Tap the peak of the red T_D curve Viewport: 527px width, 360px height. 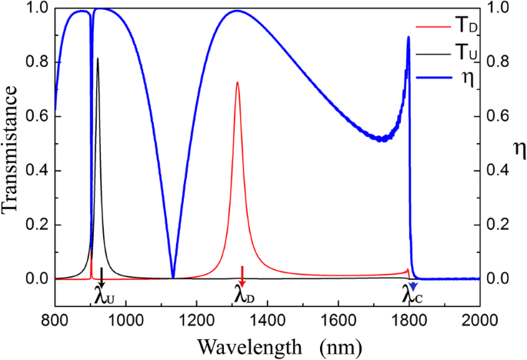(x=237, y=82)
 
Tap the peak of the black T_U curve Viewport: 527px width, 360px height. (x=97, y=58)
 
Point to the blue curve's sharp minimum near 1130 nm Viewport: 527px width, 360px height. (x=173, y=277)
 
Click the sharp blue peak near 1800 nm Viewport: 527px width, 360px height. (x=409, y=37)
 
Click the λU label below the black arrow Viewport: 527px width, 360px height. (x=103, y=295)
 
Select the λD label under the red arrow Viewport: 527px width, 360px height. (x=244, y=295)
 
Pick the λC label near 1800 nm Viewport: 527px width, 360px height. (x=413, y=295)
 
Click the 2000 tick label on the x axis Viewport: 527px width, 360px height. (x=479, y=318)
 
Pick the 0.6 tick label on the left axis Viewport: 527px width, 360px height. (x=35, y=116)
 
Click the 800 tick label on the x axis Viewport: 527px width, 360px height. (x=55, y=318)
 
